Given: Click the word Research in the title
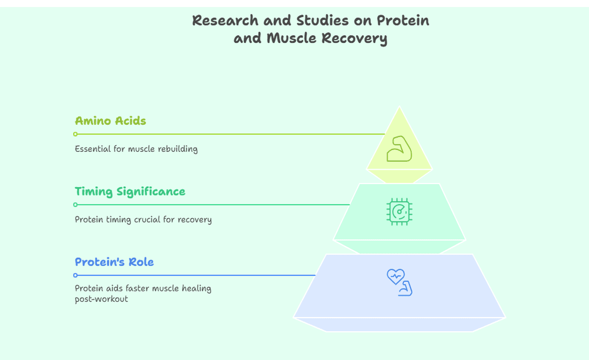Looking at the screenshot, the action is click(225, 20).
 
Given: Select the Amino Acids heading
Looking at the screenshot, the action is click(110, 121).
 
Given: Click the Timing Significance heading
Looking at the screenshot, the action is click(130, 192).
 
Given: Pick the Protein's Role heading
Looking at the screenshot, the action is click(114, 262).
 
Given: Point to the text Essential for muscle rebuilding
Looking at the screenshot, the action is click(136, 149).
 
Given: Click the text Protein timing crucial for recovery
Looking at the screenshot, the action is click(143, 219).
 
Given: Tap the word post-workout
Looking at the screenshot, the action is click(101, 299).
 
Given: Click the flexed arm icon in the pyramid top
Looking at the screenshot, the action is click(399, 149).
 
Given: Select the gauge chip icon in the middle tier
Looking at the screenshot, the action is click(399, 212).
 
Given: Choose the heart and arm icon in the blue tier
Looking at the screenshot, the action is click(400, 282).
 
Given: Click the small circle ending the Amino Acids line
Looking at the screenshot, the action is click(76, 134).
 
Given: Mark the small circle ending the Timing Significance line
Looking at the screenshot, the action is click(76, 205).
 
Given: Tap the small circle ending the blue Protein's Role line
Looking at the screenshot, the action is click(76, 276).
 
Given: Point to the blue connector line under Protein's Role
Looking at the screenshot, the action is click(196, 276).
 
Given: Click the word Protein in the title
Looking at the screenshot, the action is click(403, 20).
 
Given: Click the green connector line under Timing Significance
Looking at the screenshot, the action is click(213, 205).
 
